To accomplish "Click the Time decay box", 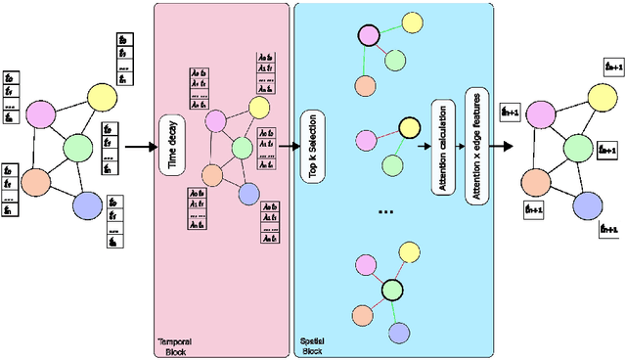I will [x=172, y=145].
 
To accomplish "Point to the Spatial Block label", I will [x=311, y=345].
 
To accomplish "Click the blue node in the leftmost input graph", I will [x=88, y=206].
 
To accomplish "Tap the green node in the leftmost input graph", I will [x=77, y=148].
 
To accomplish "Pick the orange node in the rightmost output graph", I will [x=534, y=181].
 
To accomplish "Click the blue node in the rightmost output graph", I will [x=585, y=204].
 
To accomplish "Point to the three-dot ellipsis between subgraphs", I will [x=386, y=211].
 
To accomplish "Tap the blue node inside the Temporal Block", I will [x=248, y=193].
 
